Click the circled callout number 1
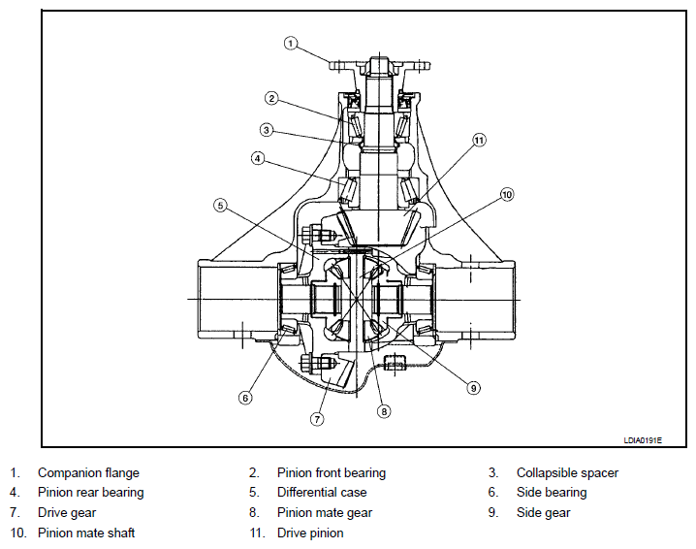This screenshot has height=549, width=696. click(x=290, y=43)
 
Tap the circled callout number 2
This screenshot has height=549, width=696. click(x=271, y=98)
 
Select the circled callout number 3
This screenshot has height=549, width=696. click(x=267, y=130)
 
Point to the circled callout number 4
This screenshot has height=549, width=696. click(x=258, y=158)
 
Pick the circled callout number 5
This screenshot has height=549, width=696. click(x=221, y=206)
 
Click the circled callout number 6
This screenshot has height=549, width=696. click(x=245, y=398)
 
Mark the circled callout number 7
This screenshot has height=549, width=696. click(x=317, y=419)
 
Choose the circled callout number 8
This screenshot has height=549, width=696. click(x=384, y=411)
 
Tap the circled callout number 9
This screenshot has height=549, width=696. click(x=473, y=388)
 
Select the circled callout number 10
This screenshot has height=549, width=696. click(x=507, y=195)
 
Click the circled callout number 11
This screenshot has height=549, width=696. click(x=479, y=141)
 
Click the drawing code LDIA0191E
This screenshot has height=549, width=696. click(x=643, y=440)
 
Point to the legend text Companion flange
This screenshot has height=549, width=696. click(x=88, y=473)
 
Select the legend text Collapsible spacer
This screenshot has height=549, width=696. click(x=567, y=473)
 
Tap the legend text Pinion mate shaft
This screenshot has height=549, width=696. click(x=86, y=533)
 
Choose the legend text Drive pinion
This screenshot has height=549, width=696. click(x=310, y=533)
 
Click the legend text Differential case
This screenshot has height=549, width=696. click(x=322, y=492)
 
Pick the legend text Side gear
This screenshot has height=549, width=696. click(x=543, y=512)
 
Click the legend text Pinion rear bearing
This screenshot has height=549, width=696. click(x=90, y=492)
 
